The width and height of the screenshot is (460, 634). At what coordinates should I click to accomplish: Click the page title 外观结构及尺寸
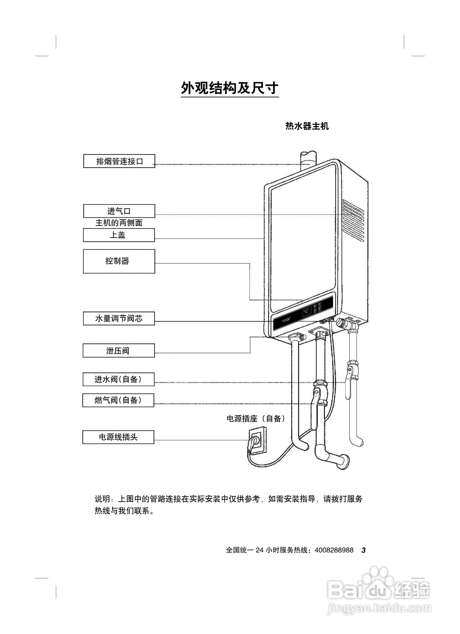pos(230,88)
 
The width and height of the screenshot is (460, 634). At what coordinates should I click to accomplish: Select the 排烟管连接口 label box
pos(119,161)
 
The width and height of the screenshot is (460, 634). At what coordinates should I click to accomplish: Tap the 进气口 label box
pos(119,211)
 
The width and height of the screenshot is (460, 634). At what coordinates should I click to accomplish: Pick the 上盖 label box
pos(119,235)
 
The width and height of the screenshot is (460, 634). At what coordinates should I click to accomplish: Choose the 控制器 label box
pos(119,261)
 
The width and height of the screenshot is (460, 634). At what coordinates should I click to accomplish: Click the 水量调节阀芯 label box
pos(119,318)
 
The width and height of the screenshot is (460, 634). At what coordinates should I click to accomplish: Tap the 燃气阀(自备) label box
pos(118,400)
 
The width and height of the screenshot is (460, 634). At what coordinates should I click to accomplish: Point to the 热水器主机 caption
pos(307,126)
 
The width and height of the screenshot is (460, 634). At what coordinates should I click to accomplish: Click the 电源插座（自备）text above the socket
pos(256,418)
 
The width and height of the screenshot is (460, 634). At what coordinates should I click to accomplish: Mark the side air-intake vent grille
pos(353,220)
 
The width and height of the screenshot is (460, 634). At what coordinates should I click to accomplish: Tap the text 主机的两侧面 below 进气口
pos(119,223)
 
